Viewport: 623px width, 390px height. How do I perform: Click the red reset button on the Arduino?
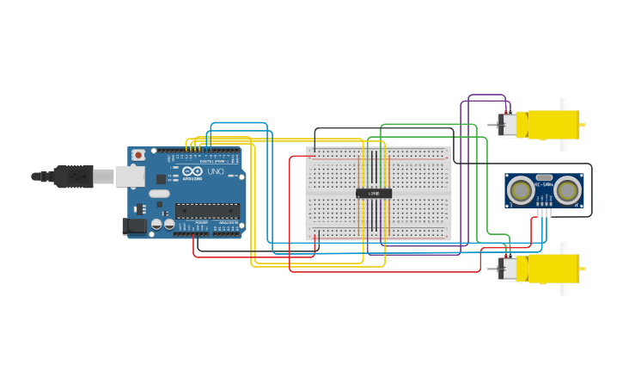tap(137, 155)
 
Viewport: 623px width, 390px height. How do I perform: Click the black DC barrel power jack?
tap(133, 226)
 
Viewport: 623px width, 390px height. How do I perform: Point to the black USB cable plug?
tap(73, 176)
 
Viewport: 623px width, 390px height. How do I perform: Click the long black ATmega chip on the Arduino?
tap(207, 210)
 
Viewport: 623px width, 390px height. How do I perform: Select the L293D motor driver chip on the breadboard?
tap(374, 194)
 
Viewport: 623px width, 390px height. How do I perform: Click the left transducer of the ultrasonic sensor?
tap(520, 189)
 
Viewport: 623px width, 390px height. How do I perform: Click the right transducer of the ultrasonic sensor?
tap(568, 189)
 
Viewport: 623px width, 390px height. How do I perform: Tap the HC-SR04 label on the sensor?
tap(544, 183)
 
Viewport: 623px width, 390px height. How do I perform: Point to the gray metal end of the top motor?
tap(508, 125)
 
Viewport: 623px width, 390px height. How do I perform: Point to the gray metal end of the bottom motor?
tap(508, 269)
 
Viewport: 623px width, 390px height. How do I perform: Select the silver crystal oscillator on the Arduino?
tap(159, 194)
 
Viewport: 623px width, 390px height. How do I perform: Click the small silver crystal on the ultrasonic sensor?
tap(544, 176)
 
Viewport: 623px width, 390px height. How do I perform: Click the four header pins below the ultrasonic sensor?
tap(543, 211)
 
